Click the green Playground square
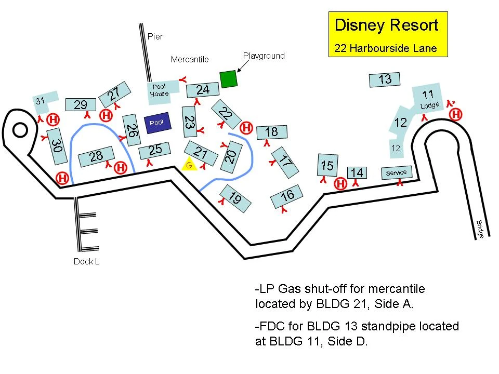pos(228,79)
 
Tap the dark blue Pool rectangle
pos(156,123)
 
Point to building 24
pos(203,90)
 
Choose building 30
pos(56,146)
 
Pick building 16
pos(287,196)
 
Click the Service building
pos(397,172)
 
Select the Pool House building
pos(160,91)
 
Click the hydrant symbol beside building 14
pos(340,183)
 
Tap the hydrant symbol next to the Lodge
pos(455,114)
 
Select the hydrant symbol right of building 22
pos(246,127)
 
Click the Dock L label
pos(86,262)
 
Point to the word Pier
pos(155,36)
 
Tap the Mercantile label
pos(190,59)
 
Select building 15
pos(327,165)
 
